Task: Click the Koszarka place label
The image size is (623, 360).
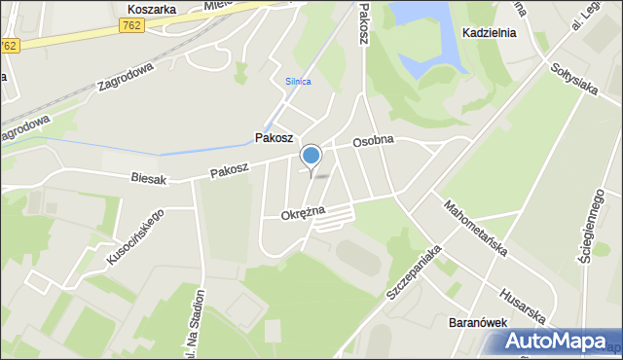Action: tap(151, 9)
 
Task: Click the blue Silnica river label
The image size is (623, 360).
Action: tap(299, 82)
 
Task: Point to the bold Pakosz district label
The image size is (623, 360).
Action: tap(275, 138)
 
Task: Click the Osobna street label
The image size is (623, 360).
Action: tap(373, 141)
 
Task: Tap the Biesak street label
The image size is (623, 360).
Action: tap(149, 178)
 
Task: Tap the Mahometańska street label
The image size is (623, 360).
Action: tap(475, 229)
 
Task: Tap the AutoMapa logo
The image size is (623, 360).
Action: tap(556, 342)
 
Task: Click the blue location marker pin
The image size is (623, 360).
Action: tap(311, 156)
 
